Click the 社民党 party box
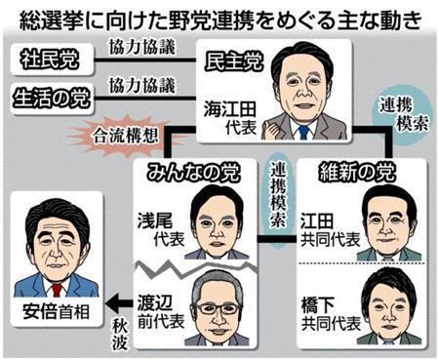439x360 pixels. (50, 57)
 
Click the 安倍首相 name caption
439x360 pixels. (54, 315)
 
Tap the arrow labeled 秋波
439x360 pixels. (127, 300)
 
